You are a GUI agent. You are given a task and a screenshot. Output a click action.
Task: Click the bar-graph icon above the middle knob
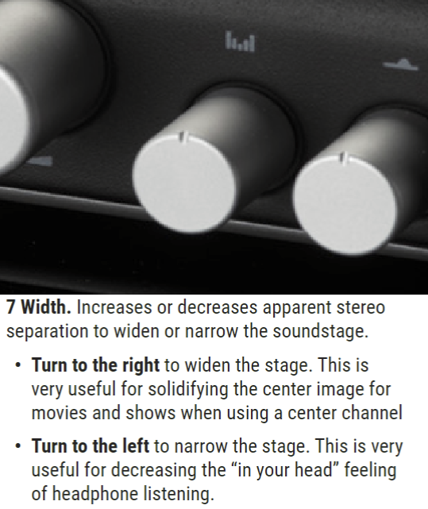pos(240,41)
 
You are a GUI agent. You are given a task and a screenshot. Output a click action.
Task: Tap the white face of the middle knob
pos(184,183)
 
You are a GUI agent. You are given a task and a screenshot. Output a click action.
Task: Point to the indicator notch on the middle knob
pos(183,137)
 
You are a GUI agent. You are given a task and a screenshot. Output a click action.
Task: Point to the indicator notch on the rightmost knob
pos(343,157)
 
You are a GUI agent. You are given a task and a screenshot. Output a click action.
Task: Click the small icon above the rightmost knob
pos(401,64)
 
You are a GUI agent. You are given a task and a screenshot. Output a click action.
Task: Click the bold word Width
pos(46,307)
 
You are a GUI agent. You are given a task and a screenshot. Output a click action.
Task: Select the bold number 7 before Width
pos(11,307)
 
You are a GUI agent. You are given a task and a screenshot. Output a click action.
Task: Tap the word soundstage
pos(321,331)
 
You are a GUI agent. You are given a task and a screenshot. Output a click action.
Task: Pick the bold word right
pos(141,365)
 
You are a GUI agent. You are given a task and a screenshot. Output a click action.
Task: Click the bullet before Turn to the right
pos(17,365)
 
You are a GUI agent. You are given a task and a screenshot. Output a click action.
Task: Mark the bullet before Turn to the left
pos(17,446)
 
